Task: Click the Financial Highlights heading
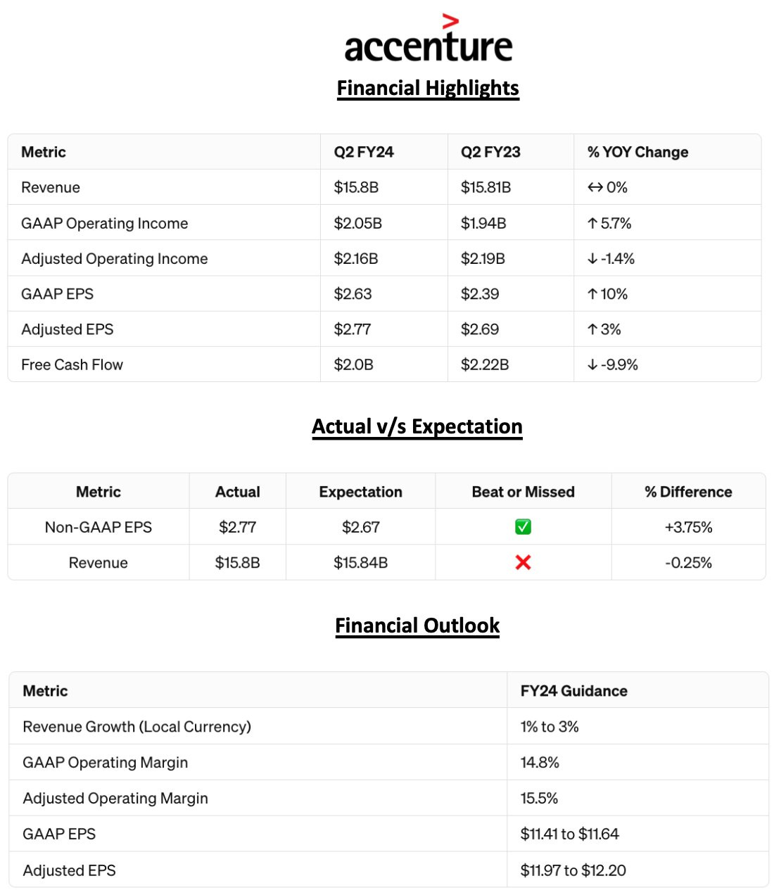[428, 88]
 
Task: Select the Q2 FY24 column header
[364, 152]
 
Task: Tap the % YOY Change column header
[637, 152]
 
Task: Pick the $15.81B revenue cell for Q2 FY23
[486, 187]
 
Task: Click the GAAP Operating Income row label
[104, 223]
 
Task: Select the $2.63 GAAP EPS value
[353, 293]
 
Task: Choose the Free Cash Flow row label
[72, 364]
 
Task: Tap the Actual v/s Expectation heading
[417, 426]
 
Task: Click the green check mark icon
[523, 527]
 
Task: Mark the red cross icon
[523, 562]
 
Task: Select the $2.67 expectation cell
[360, 527]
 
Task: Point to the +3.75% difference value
[688, 527]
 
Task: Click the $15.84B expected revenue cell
[360, 562]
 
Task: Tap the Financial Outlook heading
[417, 626]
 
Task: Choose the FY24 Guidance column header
[573, 691]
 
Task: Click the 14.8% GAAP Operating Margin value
[540, 762]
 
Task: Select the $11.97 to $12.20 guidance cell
[573, 870]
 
